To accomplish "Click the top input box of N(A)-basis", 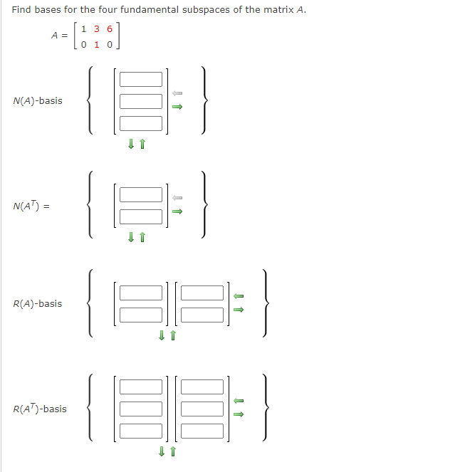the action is pos(141,79).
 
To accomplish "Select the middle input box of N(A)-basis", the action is pos(141,101).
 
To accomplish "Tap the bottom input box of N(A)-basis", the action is pos(141,123).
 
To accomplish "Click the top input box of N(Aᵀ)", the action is pos(141,194).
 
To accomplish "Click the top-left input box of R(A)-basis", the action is pos(141,293).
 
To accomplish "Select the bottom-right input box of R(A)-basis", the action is pos(202,315).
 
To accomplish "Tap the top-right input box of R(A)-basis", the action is pos(202,293).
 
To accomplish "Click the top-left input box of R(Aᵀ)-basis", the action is pos(141,387).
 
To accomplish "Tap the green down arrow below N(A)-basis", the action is pos(130,145).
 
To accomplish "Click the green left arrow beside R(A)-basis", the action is pos(239,296).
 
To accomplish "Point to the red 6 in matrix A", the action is pos(110,29).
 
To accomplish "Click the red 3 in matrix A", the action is pos(97,29).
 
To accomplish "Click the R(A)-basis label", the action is pos(38,304).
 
